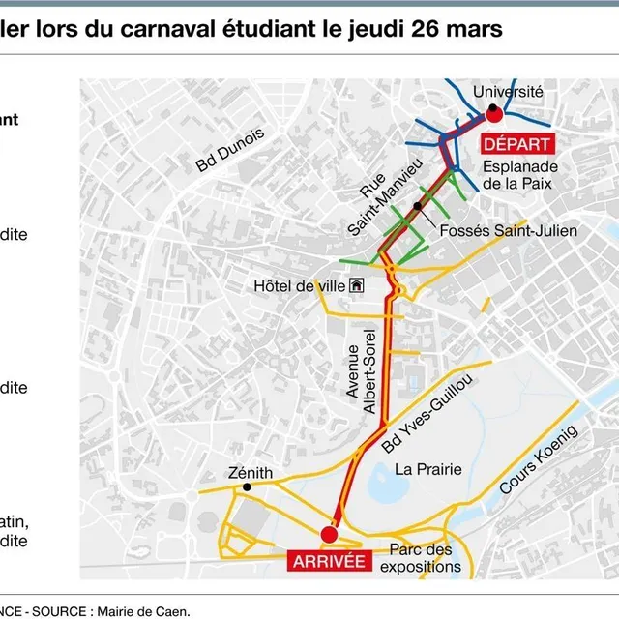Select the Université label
[x=509, y=91]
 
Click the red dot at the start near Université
[x=493, y=115]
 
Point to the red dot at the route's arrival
[x=329, y=534]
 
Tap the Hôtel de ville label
[x=299, y=285]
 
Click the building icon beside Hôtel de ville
[x=357, y=285]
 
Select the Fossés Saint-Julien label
[x=508, y=231]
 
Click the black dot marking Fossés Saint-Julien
[x=416, y=206]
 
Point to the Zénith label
[x=251, y=473]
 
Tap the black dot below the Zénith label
[x=249, y=487]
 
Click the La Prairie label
[x=427, y=469]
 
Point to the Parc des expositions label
[x=420, y=558]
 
